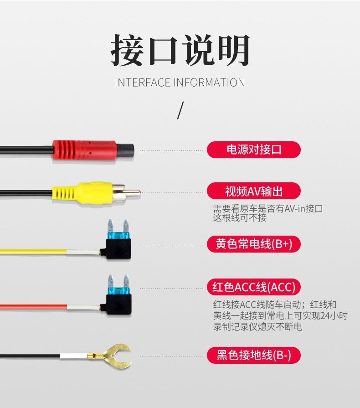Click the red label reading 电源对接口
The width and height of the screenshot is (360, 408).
(x=254, y=150)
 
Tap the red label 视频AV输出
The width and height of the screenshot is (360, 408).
(x=254, y=191)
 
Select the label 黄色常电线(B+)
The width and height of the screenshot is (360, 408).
(x=254, y=244)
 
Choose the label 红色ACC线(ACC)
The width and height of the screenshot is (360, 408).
(x=254, y=287)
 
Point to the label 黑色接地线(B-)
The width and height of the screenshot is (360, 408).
(x=254, y=355)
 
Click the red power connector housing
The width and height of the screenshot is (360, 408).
(x=85, y=150)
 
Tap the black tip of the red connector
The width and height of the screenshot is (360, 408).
(x=125, y=150)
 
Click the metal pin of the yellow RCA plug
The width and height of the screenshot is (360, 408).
(x=133, y=193)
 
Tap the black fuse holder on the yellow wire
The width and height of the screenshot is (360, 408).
(x=118, y=249)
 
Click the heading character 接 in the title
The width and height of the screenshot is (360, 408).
(x=127, y=50)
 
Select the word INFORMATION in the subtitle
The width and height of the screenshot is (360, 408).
(x=210, y=83)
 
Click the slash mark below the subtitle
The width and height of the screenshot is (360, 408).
(x=180, y=110)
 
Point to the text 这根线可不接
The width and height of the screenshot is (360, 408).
(x=240, y=217)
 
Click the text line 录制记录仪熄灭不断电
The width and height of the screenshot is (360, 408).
(x=257, y=326)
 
